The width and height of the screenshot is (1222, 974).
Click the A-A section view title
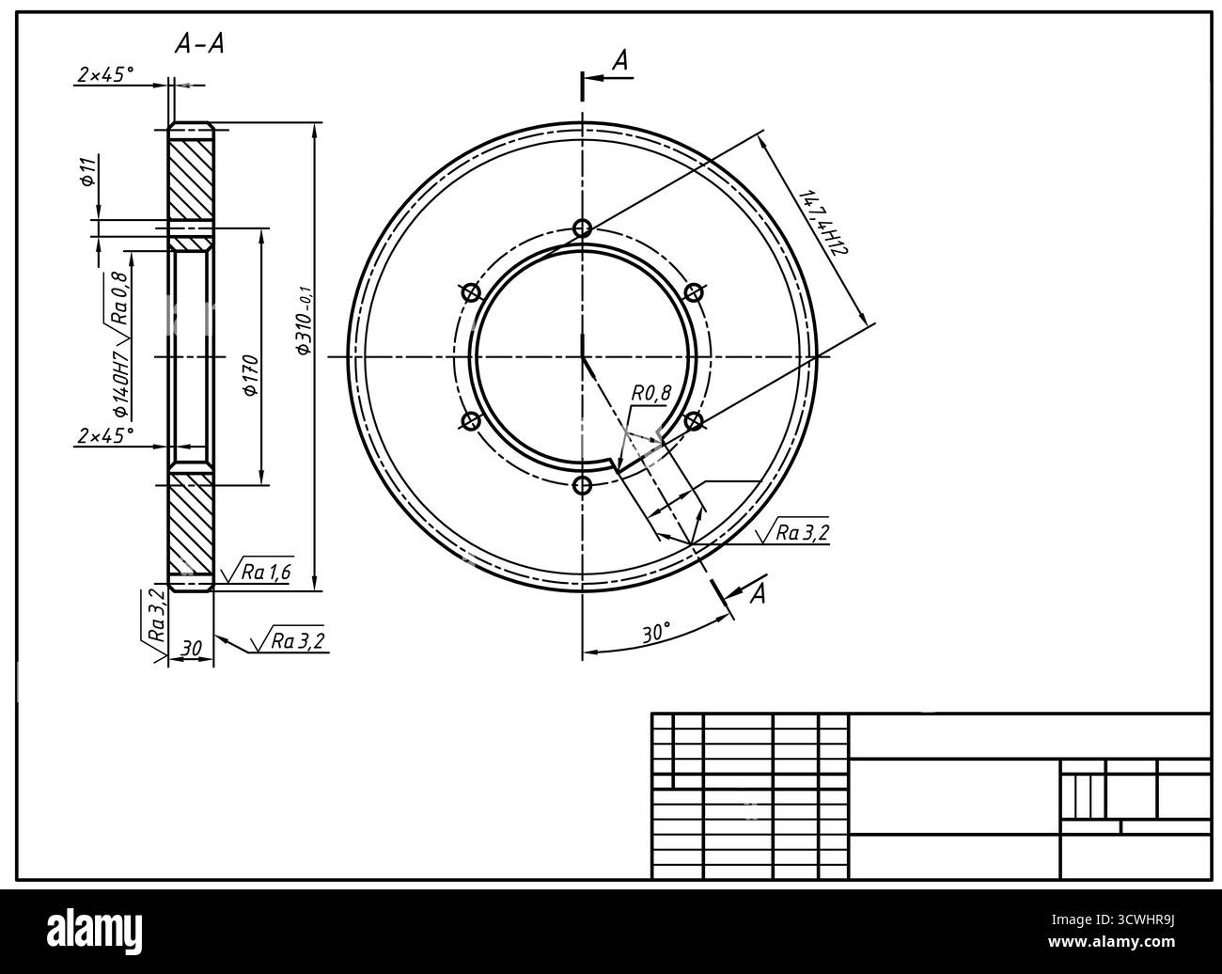coord(199,44)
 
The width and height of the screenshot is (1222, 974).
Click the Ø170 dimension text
coord(250,376)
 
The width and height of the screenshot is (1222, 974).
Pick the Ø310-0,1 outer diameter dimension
coord(304,320)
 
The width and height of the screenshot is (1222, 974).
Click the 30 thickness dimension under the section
coord(191,648)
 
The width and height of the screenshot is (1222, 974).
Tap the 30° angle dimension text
coord(656,633)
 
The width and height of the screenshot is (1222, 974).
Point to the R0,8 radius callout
coord(651,394)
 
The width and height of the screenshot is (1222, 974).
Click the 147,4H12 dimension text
coord(823,224)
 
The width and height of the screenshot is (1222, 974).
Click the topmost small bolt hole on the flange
coord(583,228)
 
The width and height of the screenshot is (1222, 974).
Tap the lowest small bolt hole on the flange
coord(583,485)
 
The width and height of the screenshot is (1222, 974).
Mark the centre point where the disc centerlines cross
coord(583,357)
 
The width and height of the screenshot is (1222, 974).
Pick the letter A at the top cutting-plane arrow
coord(620,62)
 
